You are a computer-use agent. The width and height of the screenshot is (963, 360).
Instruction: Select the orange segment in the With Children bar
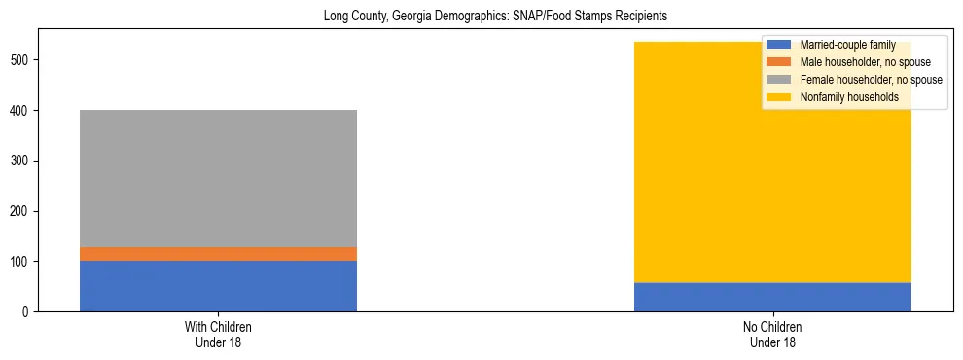(x=218, y=254)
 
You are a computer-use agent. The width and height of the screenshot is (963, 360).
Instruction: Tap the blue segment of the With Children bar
(x=218, y=286)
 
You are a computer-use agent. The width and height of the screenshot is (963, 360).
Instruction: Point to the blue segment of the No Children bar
(x=772, y=297)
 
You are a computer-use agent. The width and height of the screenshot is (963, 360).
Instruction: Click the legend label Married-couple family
(x=847, y=45)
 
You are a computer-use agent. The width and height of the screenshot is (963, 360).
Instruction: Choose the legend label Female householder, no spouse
(x=871, y=80)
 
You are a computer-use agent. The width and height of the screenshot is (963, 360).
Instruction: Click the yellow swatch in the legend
(x=780, y=97)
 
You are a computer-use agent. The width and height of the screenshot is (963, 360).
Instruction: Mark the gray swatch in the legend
(x=780, y=80)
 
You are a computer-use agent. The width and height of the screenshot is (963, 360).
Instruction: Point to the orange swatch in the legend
(x=780, y=62)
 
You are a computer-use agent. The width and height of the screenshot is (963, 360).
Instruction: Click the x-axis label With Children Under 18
(x=218, y=335)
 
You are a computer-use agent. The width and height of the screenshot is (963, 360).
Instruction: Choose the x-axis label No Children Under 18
(x=772, y=335)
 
